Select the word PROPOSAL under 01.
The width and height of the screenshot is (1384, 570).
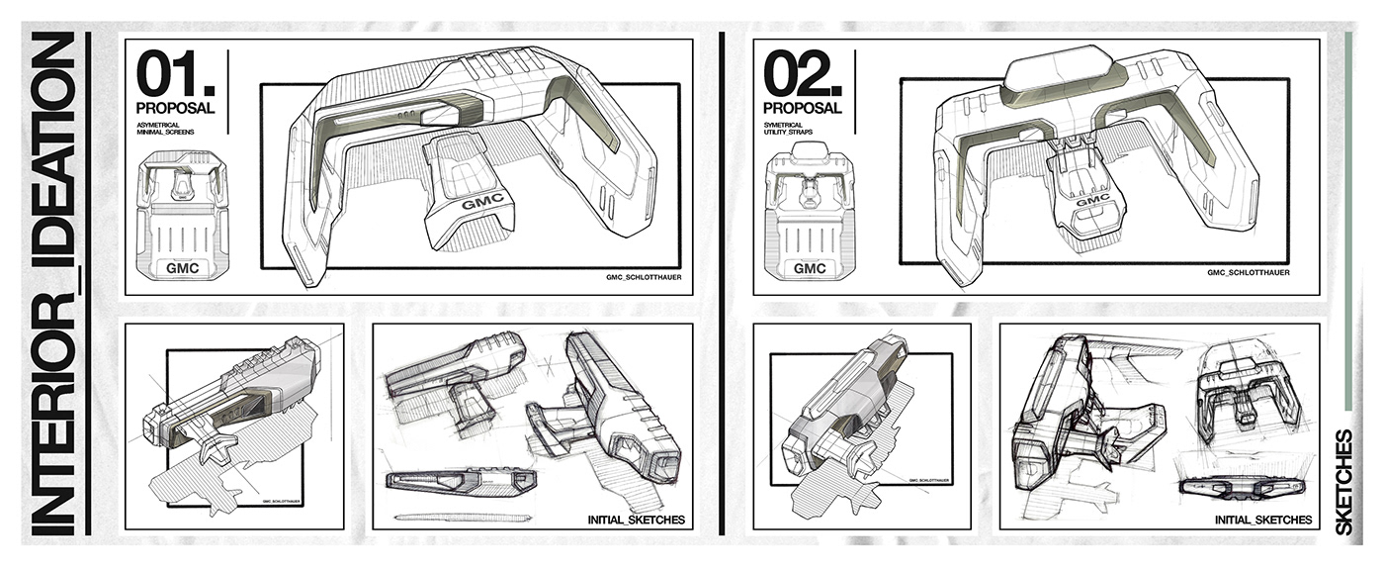pos(176,107)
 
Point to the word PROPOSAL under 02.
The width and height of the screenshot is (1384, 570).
pos(802,107)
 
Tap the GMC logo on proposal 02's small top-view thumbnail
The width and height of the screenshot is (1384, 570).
pos(810,268)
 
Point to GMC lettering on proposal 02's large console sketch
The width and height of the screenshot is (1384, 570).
pos(1091,201)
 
